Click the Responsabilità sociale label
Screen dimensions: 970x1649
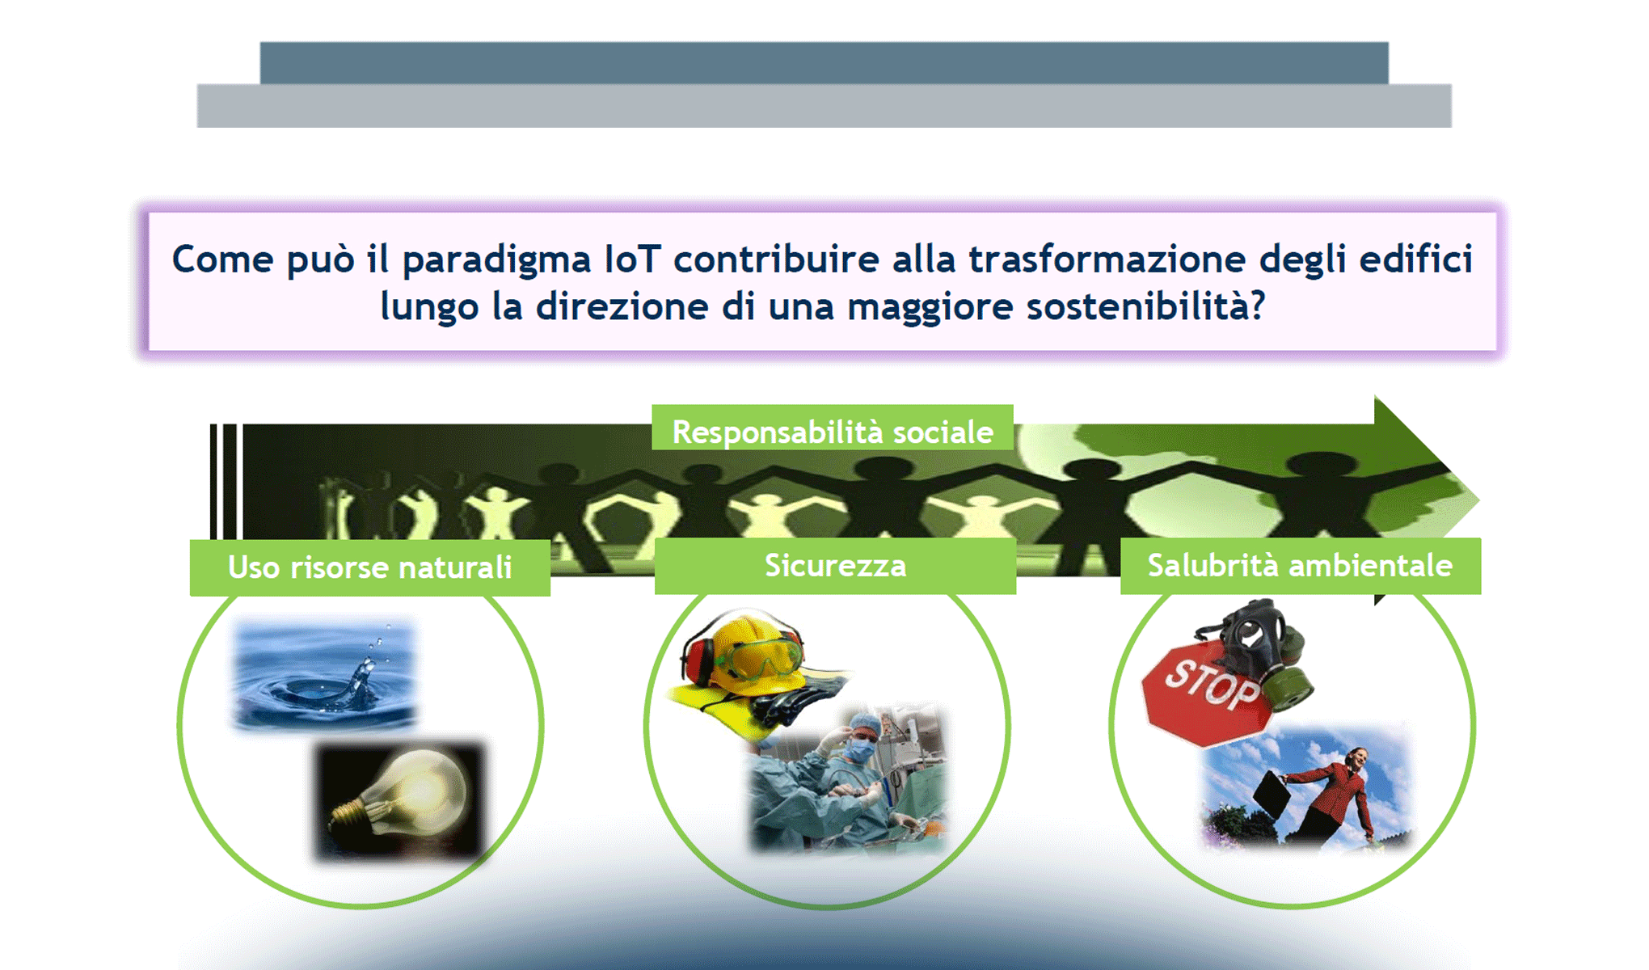tap(833, 432)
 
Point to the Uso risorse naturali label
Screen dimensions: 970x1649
tap(370, 567)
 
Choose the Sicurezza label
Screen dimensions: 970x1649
tap(835, 566)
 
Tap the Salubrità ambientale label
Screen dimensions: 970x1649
tap(1300, 566)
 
